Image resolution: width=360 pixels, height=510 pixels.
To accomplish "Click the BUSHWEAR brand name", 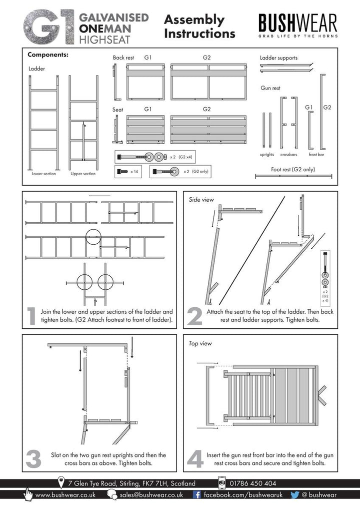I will pos(297,23).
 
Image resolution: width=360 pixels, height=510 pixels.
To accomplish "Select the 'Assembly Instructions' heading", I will pos(199,27).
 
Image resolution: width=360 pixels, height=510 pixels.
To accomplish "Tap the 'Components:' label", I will pos(48,55).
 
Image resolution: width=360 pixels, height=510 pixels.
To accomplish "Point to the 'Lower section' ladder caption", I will pos(44,174).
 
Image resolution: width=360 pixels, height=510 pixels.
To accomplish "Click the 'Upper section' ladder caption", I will pos(83,174).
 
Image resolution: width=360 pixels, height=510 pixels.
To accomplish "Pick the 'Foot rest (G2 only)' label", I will pos(293,169).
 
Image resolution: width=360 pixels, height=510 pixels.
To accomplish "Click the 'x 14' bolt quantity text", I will pos(134,172).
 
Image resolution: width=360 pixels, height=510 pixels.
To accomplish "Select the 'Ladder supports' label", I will pos(278,58).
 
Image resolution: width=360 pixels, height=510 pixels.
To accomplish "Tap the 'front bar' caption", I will pos(316,155).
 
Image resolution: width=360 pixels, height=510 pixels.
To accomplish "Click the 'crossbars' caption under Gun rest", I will pos(289,155).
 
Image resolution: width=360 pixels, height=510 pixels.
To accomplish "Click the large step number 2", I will pos(195,316).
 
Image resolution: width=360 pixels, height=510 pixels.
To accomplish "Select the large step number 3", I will pos(33,459).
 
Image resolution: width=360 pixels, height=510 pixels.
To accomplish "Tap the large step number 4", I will pos(195,459).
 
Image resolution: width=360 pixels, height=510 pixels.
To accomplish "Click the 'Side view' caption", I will pos(201,200).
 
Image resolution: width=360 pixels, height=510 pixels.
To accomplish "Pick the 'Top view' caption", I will pos(200,343).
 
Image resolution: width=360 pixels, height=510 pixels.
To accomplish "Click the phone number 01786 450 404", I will pos(253,483).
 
